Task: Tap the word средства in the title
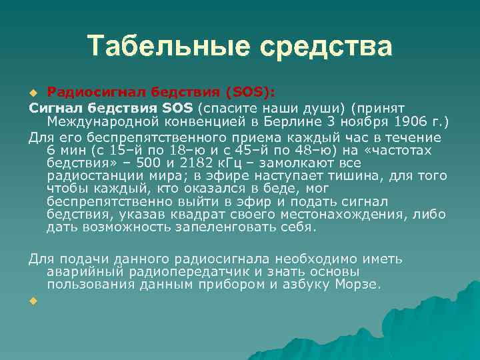click(326, 47)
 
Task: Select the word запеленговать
click(221, 227)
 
